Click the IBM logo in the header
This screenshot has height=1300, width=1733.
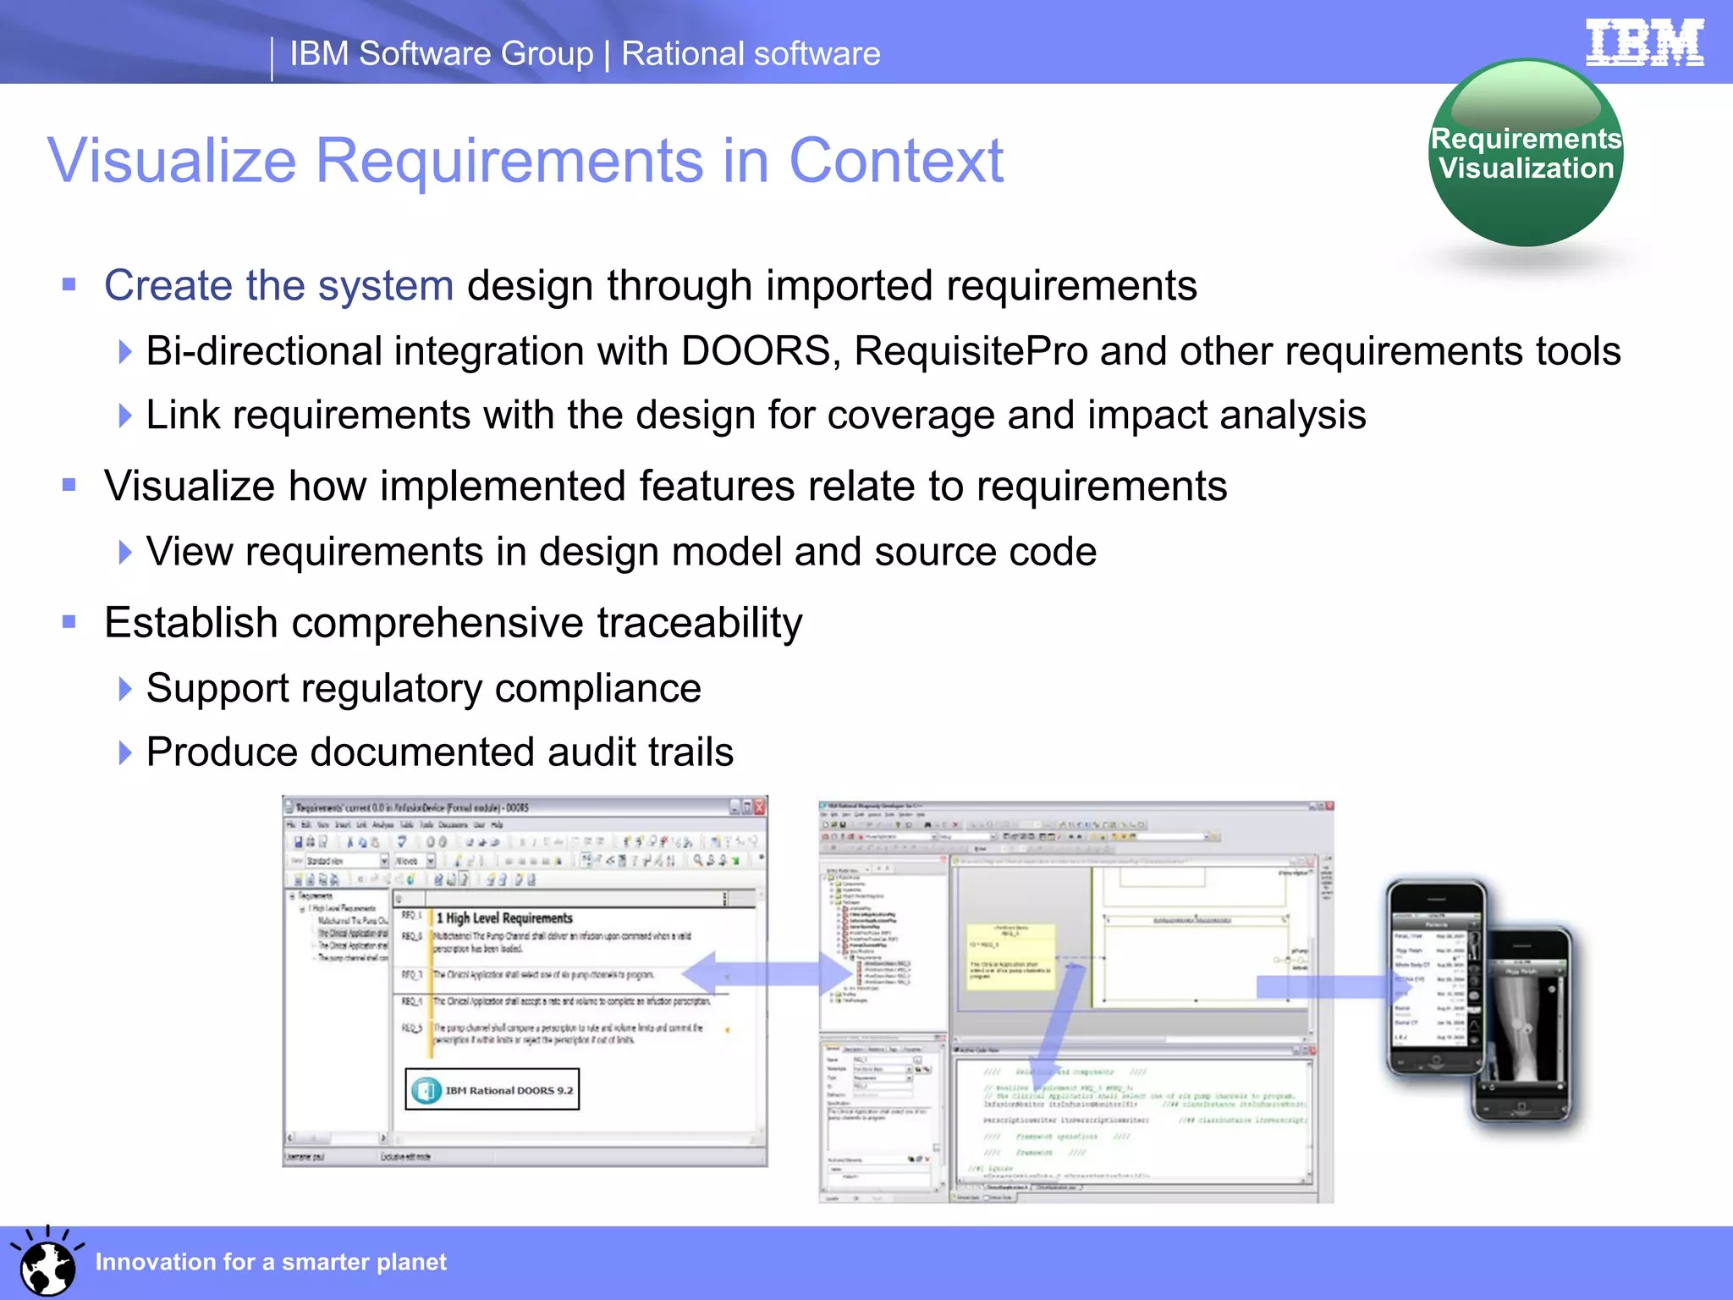(x=1644, y=42)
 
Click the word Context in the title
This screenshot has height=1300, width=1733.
(x=895, y=160)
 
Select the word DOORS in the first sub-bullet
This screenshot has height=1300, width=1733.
(x=756, y=350)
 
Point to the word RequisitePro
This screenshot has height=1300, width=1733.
(x=971, y=350)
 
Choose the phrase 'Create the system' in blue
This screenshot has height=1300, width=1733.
(x=278, y=285)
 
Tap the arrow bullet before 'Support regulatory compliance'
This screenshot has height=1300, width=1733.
(x=125, y=688)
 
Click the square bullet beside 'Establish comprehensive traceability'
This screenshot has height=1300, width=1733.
(x=69, y=623)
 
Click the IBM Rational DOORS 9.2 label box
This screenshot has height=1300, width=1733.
(x=492, y=1090)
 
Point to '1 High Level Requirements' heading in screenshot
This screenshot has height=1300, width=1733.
(x=504, y=918)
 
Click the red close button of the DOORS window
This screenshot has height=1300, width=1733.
(x=759, y=807)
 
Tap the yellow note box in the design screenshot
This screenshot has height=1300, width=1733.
(x=1012, y=956)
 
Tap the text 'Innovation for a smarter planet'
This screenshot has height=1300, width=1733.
(x=270, y=1262)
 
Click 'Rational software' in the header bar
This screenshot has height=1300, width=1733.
(x=751, y=53)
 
